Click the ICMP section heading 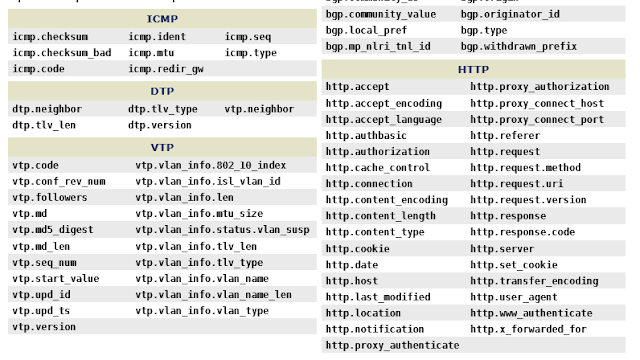coord(162,19)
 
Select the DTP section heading coord(162,91)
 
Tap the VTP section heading coord(162,147)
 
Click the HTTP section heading coord(473,70)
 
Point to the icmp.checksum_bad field coord(61,52)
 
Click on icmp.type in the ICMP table coord(250,52)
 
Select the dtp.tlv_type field coord(162,108)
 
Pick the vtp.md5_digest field coord(53,229)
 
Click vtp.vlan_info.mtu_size coord(199,213)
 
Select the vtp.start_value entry coord(56,278)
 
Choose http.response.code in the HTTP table coord(523,232)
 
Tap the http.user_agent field coord(515,297)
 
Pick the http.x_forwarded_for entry coord(529,329)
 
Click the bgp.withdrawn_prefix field coord(518,46)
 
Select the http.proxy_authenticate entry coord(392,345)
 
